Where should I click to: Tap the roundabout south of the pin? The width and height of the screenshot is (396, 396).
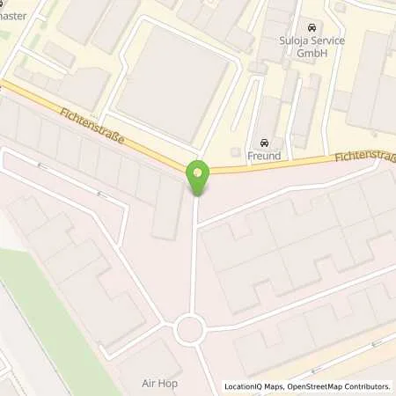[x=190, y=330]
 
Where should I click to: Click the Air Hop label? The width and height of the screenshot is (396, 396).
[x=161, y=384]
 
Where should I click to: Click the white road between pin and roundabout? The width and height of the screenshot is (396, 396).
[x=194, y=255]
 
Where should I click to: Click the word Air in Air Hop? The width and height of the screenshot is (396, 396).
[x=150, y=384]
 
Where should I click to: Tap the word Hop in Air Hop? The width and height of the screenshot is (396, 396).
[x=170, y=384]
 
